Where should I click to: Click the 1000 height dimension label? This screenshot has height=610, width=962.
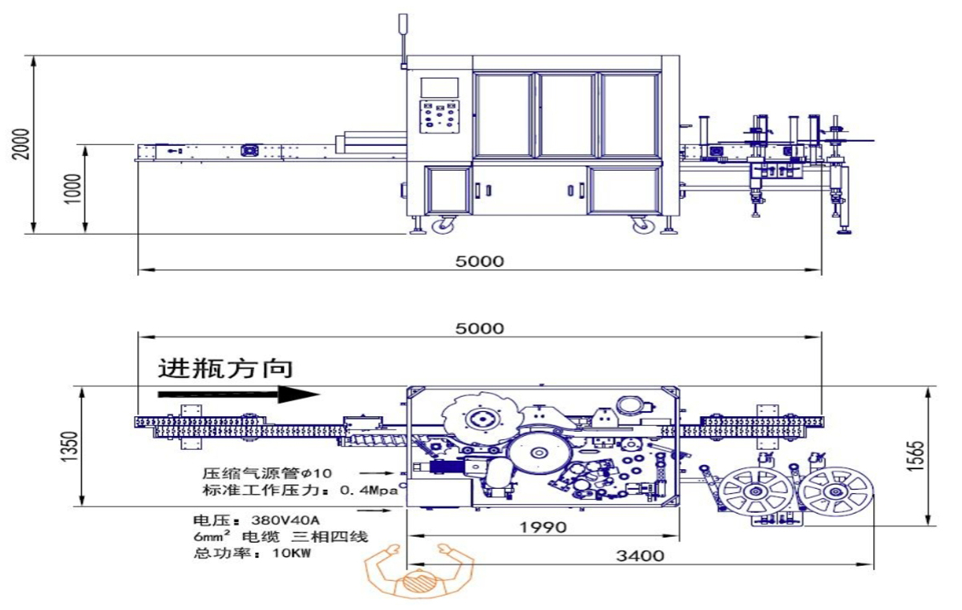click(75, 189)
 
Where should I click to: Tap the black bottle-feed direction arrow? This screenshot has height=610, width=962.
click(238, 394)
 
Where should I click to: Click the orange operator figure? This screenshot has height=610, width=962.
click(418, 572)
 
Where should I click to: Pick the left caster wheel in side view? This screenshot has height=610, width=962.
click(442, 227)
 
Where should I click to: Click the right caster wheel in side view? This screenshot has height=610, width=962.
click(642, 227)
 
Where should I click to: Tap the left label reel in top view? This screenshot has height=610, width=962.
click(752, 491)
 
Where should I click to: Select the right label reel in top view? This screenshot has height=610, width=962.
click(835, 491)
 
